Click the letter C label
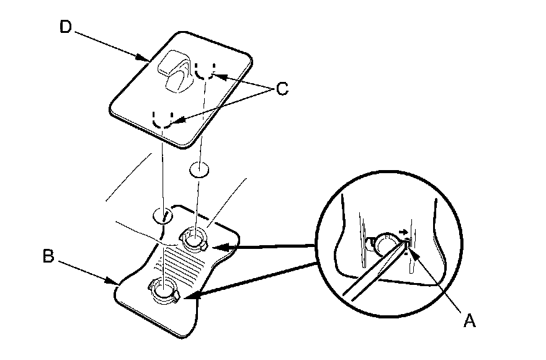pos(282,89)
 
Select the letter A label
pos(470,320)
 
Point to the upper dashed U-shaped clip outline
pos(205,71)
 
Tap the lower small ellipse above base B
pos(163,216)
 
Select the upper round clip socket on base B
pos(194,238)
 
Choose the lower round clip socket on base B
pos(162,290)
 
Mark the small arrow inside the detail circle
pos(404,233)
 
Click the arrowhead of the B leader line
pos(116,284)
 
